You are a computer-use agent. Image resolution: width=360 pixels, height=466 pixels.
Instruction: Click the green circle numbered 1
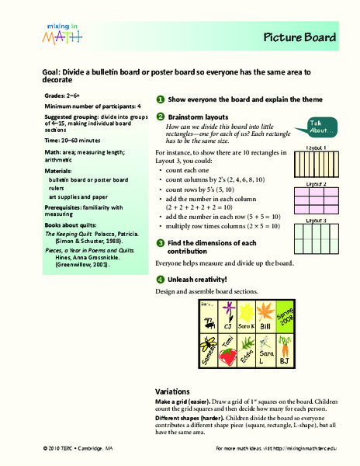160,99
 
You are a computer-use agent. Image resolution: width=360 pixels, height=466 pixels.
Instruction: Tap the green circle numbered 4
160,279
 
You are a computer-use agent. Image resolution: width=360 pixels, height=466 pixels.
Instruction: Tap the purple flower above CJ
230,314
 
